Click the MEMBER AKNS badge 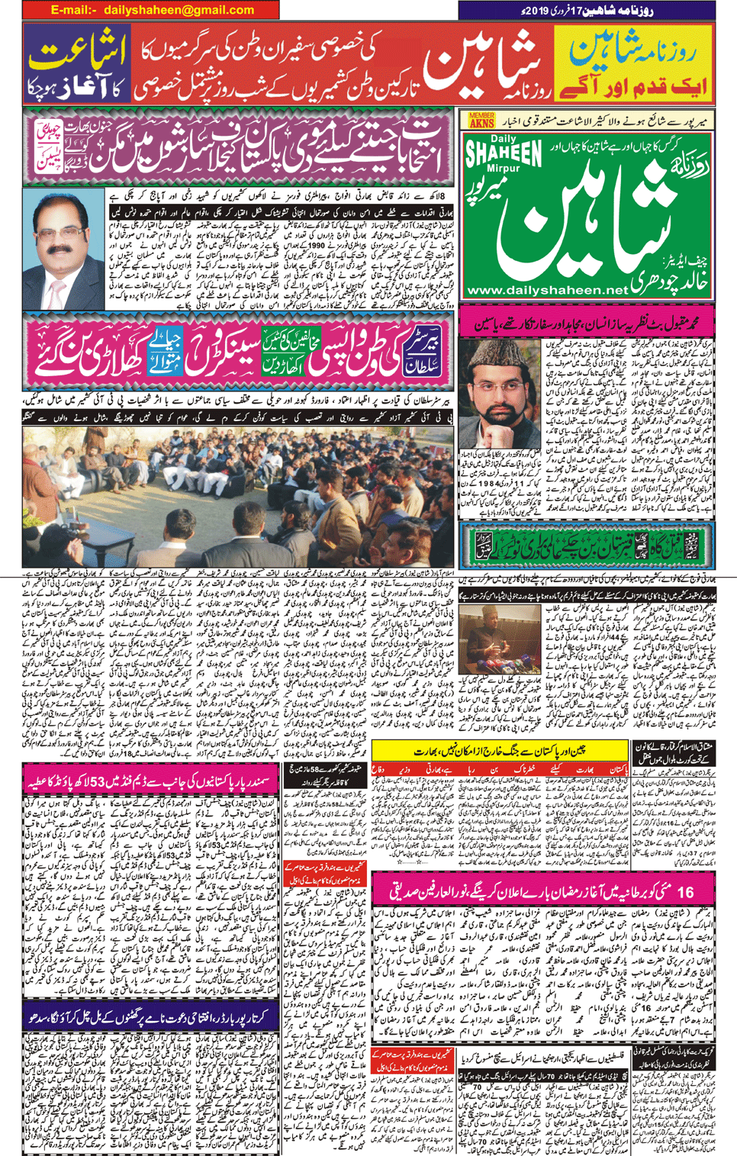[x=481, y=120]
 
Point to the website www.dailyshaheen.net [x=546, y=291]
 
